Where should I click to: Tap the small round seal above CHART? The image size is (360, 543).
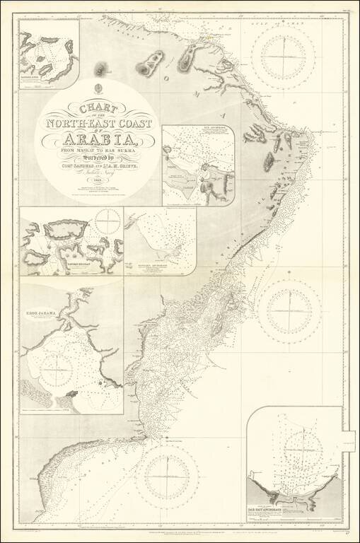[99, 90]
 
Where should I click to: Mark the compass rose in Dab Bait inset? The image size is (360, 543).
[306, 447]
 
